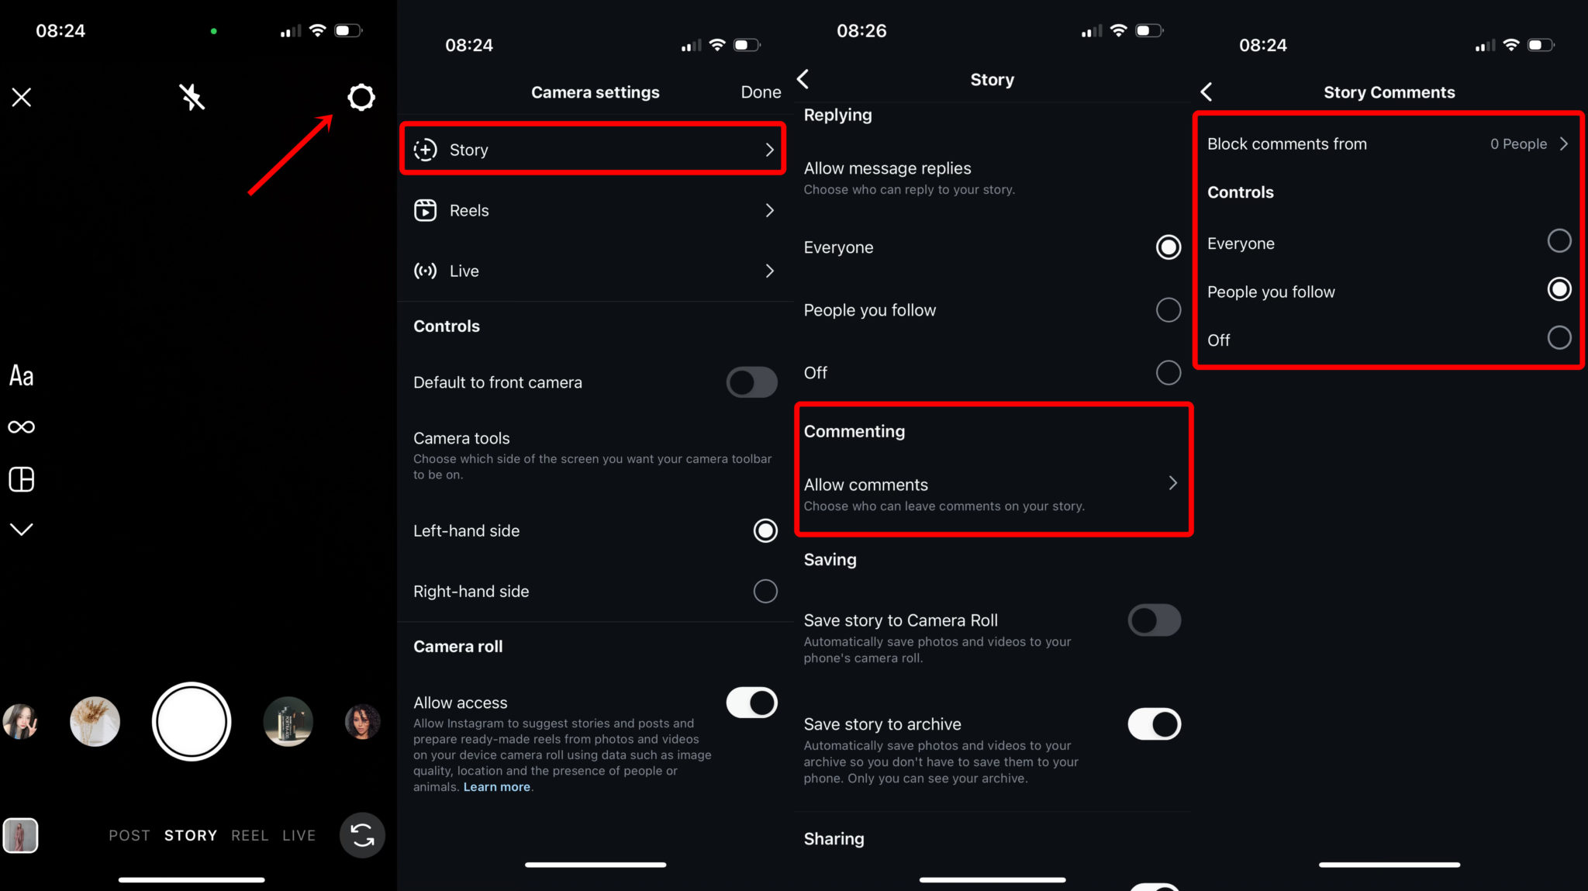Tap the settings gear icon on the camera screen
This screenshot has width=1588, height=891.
[x=361, y=97]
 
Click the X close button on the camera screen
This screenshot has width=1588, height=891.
[x=22, y=97]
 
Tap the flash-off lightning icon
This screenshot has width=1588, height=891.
[x=192, y=97]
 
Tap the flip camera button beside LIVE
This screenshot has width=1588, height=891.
[x=362, y=835]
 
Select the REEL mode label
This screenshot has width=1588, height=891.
[x=250, y=835]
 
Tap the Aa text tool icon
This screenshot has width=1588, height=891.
[x=22, y=376]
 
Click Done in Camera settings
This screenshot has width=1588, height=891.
[x=761, y=92]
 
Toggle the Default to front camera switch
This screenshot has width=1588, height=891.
[x=751, y=382]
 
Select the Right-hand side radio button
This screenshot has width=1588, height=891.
[x=765, y=591]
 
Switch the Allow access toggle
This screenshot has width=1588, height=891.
[x=751, y=703]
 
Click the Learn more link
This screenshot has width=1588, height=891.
[x=497, y=787]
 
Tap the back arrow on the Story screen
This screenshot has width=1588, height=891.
[x=803, y=79]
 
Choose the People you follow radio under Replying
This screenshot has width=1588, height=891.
[x=1169, y=310]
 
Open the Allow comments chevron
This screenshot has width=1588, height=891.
[x=1172, y=483]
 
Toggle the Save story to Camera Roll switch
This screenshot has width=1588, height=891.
[x=1155, y=620]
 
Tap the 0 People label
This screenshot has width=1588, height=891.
[x=1518, y=144]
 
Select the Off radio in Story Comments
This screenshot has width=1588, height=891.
[x=1559, y=338]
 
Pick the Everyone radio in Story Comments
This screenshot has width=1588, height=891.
[x=1559, y=241]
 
